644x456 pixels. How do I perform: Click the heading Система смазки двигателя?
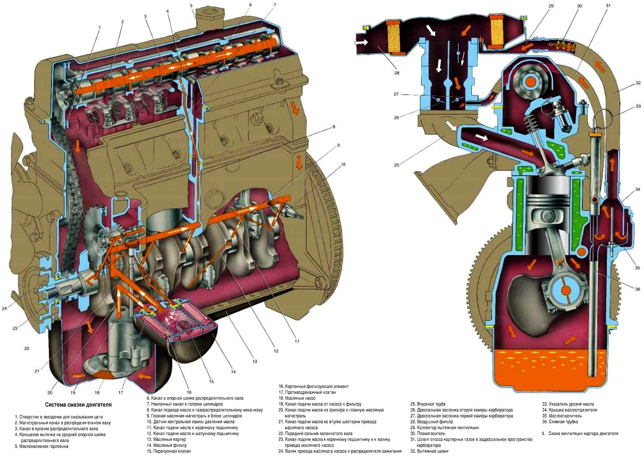(x=78, y=405)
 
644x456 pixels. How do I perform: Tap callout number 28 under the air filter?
(x=397, y=73)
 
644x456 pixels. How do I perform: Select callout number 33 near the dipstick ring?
(x=638, y=106)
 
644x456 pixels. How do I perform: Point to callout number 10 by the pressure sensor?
(x=343, y=164)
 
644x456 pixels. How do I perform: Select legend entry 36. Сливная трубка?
(x=560, y=422)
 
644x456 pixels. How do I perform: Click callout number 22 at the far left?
(x=27, y=348)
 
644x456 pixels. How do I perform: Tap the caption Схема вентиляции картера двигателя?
(x=583, y=434)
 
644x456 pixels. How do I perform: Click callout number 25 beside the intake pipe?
(x=397, y=165)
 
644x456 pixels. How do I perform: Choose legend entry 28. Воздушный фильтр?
(x=431, y=422)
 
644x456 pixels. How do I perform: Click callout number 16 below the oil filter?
(x=189, y=392)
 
